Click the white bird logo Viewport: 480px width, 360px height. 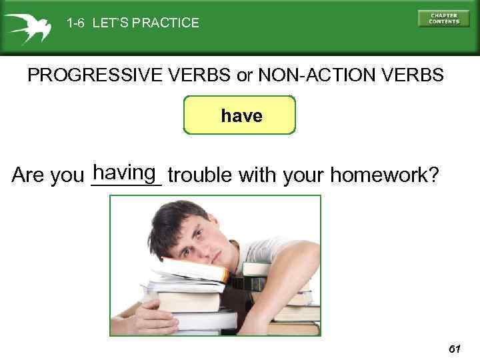pos(27,25)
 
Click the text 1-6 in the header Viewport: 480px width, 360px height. pos(75,23)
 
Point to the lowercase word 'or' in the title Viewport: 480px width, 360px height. pos(245,75)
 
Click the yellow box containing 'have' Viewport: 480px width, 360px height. pos(239,116)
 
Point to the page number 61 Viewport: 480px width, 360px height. pos(455,349)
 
